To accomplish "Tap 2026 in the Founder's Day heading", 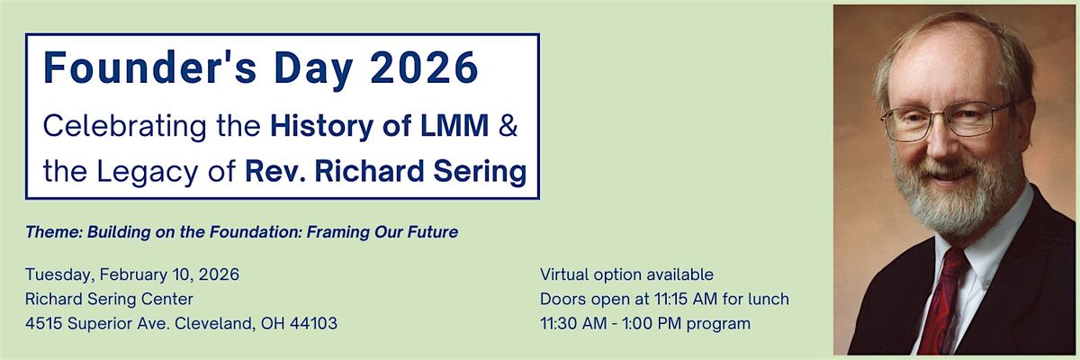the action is (424, 68).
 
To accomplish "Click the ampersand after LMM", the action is (508, 125).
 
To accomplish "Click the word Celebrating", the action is (124, 126).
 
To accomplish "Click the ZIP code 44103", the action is (313, 323).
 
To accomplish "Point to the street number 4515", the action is (44, 323).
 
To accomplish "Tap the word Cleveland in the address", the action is (214, 323).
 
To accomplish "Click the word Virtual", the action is (564, 274).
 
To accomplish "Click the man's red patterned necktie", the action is (940, 303).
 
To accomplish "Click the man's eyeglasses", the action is (945, 120).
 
